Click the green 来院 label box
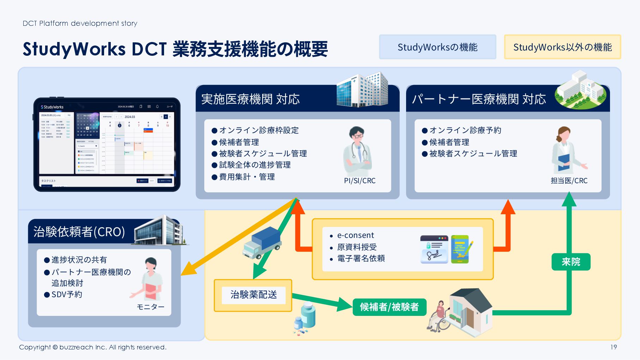click(570, 262)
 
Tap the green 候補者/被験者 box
click(389, 307)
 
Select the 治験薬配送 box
click(253, 295)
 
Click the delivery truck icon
click(261, 242)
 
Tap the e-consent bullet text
click(355, 235)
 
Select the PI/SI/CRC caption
click(360, 181)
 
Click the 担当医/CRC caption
click(569, 181)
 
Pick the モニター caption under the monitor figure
click(150, 307)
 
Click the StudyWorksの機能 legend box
click(437, 47)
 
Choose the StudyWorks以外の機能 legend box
click(562, 47)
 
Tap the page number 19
click(614, 347)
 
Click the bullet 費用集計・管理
click(247, 177)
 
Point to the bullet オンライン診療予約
click(465, 130)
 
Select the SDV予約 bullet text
click(67, 294)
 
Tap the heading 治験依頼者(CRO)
click(79, 232)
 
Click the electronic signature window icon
click(434, 249)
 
